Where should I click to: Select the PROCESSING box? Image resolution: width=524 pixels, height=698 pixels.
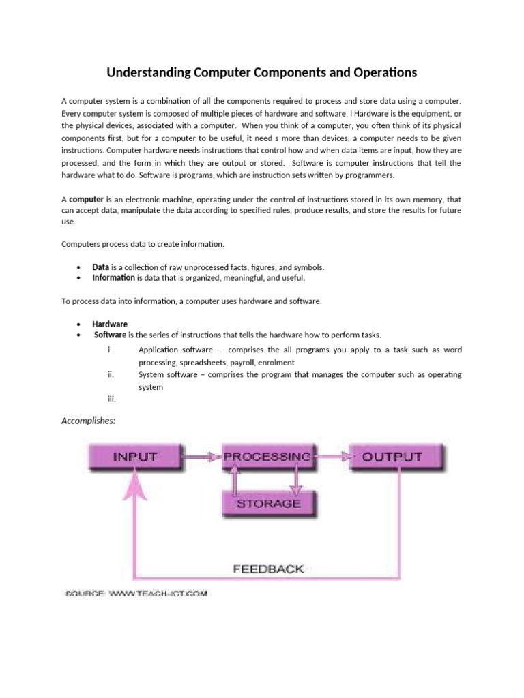267,457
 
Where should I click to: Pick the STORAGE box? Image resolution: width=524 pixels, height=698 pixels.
268,504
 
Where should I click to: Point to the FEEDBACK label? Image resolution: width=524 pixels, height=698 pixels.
268,568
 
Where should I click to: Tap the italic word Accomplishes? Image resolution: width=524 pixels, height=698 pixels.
89,421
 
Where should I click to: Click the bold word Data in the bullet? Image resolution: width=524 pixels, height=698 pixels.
101,267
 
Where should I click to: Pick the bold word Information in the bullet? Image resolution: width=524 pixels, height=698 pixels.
114,277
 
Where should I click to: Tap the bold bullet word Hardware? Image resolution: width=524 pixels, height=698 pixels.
110,324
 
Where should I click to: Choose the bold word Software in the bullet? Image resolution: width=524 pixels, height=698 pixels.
110,335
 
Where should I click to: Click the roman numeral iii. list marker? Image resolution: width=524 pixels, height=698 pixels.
112,399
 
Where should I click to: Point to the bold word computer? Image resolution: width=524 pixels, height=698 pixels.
87,200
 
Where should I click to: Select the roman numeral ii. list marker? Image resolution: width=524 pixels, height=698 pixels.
111,374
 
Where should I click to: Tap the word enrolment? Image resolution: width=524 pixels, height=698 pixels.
276,362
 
